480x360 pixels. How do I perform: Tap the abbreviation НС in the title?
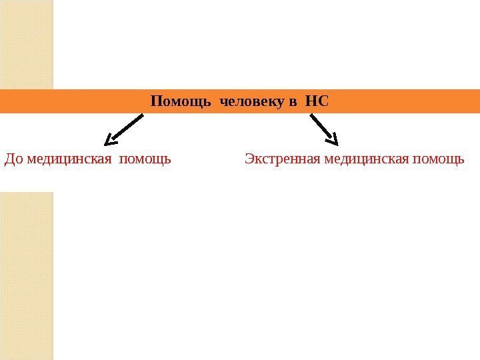pyautogui.click(x=317, y=102)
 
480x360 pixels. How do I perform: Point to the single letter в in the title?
pyautogui.click(x=292, y=103)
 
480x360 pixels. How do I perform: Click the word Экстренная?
pyautogui.click(x=275, y=160)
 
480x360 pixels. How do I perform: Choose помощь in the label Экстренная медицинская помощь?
pyautogui.click(x=439, y=160)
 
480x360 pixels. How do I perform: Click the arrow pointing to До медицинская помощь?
pyautogui.click(x=125, y=129)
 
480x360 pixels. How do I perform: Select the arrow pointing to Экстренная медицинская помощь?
pyautogui.click(x=324, y=129)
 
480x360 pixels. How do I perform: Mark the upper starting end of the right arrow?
pyautogui.click(x=312, y=116)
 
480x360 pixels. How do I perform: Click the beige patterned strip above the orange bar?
pyautogui.click(x=27, y=44)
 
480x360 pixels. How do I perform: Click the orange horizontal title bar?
pyautogui.click(x=400, y=102)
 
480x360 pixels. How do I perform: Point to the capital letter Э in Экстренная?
pyautogui.click(x=249, y=160)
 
